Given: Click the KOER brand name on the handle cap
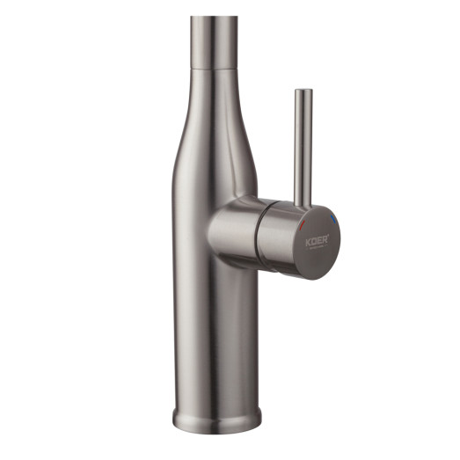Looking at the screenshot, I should click(x=317, y=239).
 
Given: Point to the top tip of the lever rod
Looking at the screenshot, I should click(x=302, y=91).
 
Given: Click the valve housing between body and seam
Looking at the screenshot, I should click(x=233, y=231).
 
